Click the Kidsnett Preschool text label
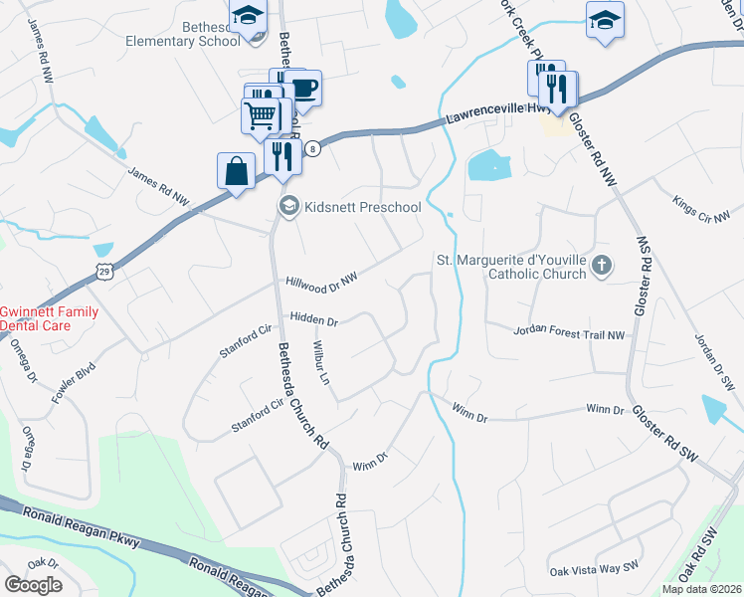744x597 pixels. [x=363, y=207]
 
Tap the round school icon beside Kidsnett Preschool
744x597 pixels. [x=288, y=206]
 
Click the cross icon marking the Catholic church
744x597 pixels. [x=600, y=266]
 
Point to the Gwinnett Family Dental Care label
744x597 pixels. [x=49, y=318]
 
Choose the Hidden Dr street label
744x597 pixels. [x=314, y=321]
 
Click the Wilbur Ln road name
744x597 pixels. [x=321, y=365]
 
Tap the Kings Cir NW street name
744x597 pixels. [x=701, y=207]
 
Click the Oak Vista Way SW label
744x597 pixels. [x=593, y=570]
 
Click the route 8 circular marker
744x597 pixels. [x=313, y=148]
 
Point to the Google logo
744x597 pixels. [x=33, y=585]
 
